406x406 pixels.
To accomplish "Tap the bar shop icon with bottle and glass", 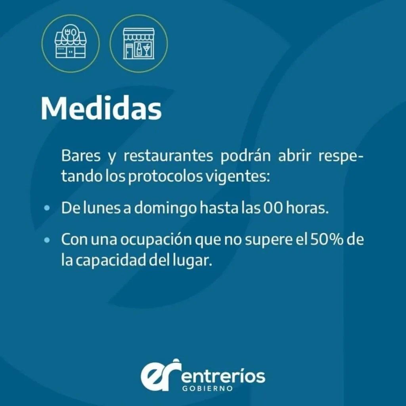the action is (138, 44).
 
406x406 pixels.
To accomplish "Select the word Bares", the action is (80, 155).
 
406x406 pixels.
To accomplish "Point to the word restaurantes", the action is (168, 155).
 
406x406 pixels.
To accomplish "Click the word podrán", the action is (245, 156).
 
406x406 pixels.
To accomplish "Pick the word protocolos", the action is (165, 176).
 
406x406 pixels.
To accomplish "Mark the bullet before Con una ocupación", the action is (47, 240).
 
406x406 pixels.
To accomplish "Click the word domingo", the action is (165, 209).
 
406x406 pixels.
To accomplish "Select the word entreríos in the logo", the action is (224, 376).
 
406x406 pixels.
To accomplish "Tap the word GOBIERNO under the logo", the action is (207, 389).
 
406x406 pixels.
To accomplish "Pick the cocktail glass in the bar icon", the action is (147, 49).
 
